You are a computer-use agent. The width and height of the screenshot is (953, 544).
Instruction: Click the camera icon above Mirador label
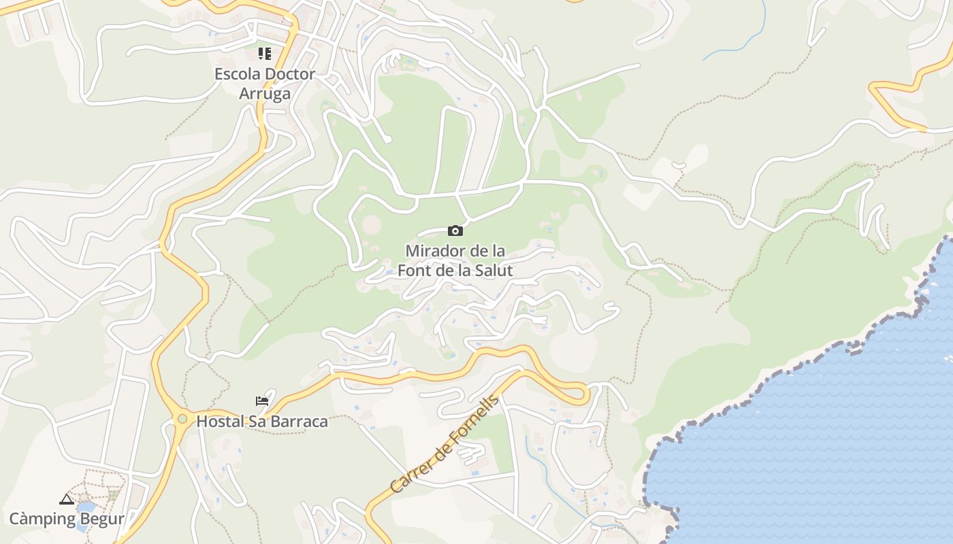[x=455, y=231]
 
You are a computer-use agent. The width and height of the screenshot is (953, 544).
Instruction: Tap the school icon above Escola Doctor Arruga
[x=265, y=54]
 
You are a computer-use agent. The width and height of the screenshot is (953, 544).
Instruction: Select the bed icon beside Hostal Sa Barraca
[x=262, y=401]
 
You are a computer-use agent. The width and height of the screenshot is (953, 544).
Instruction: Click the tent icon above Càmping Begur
[x=66, y=500]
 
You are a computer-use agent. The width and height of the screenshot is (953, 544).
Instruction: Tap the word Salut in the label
[x=494, y=271]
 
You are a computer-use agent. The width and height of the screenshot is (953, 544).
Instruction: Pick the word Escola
[x=237, y=74]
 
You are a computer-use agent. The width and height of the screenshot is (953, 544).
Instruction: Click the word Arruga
[x=265, y=94]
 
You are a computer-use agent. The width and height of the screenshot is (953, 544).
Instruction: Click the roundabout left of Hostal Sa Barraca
[x=182, y=419]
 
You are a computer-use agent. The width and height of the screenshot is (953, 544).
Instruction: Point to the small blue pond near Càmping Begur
[x=86, y=507]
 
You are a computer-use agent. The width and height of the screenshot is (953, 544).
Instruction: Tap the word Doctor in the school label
[x=289, y=74]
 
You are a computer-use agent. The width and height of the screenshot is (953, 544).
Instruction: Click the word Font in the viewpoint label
[x=415, y=271]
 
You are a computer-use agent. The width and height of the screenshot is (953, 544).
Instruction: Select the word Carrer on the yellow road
[x=410, y=474]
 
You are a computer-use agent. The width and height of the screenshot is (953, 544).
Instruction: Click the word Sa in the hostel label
[x=257, y=422]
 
